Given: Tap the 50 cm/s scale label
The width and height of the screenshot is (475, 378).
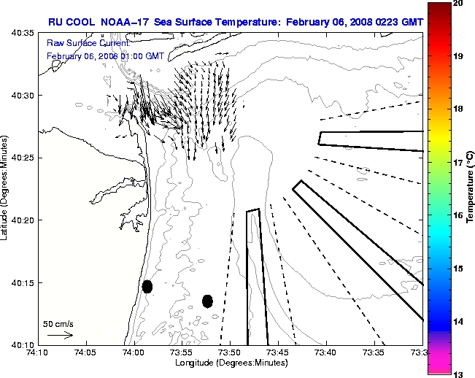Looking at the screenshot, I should point(58,323).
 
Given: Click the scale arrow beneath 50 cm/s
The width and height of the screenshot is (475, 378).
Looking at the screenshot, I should point(60,335).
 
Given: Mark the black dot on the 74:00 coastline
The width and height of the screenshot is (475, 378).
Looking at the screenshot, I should point(147,286).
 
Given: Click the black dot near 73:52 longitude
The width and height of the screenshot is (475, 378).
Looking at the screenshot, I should point(207,301).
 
